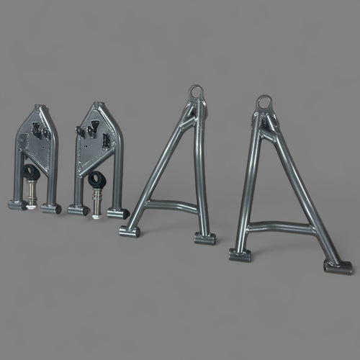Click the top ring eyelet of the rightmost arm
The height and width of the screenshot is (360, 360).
click(x=264, y=102)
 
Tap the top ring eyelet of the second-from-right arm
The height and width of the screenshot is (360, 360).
click(x=197, y=92)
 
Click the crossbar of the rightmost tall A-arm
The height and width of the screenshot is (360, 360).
click(x=281, y=227)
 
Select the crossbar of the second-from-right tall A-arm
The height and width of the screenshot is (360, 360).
click(x=171, y=205)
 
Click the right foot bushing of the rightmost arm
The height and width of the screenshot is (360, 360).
click(x=338, y=267)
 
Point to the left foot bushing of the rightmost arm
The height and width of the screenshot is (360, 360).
click(x=240, y=254)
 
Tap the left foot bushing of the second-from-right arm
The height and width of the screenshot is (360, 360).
click(x=130, y=231)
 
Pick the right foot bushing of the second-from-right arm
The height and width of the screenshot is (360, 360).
click(x=204, y=238)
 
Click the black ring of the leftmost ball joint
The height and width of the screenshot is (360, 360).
click(x=30, y=173)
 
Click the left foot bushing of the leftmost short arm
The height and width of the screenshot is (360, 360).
click(x=17, y=204)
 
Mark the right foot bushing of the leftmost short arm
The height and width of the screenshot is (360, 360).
click(x=50, y=209)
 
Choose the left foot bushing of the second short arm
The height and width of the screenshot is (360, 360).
click(x=78, y=210)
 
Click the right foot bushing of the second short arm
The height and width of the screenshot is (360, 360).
click(x=118, y=213)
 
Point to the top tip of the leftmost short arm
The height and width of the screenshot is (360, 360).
click(x=40, y=109)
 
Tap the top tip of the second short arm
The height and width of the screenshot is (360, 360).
click(x=98, y=106)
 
